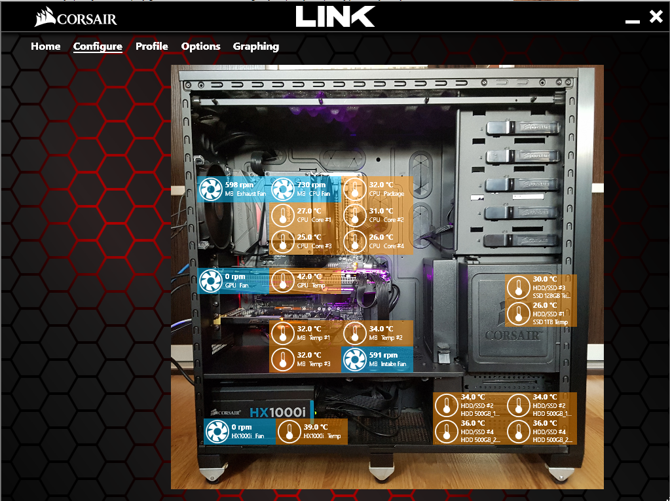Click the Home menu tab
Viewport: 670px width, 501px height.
tap(46, 46)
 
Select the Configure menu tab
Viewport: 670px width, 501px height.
tap(98, 46)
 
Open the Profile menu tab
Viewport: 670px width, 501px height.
tap(151, 46)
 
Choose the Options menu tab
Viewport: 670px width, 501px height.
tap(200, 46)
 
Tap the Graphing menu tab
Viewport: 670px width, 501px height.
tap(255, 46)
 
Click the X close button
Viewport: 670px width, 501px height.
tap(656, 17)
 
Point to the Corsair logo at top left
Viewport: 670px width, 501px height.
tap(76, 18)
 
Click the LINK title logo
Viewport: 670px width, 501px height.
tap(335, 16)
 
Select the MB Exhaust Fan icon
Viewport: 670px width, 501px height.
tap(210, 190)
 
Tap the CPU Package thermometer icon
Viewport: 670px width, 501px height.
tap(355, 190)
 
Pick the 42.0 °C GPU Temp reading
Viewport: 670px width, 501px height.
tap(309, 276)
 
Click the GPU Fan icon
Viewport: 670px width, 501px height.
tap(210, 282)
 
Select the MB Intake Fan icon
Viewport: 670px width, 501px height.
tap(354, 360)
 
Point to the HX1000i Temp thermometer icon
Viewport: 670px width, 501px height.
tap(289, 432)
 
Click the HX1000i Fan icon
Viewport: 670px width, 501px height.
tap(217, 432)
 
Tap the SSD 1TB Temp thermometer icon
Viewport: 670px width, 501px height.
tap(519, 314)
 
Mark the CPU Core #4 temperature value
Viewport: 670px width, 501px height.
tap(381, 237)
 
